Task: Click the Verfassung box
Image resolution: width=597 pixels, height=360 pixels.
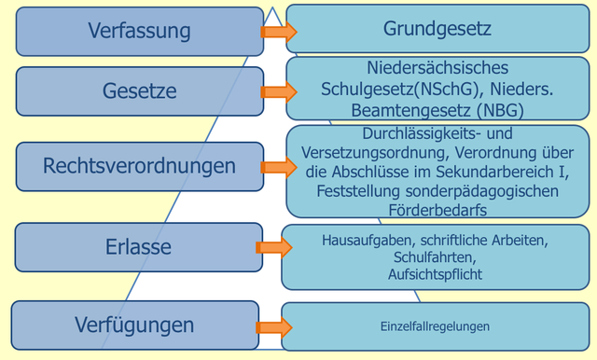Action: click(x=140, y=31)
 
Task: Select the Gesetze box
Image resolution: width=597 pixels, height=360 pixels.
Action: click(x=140, y=91)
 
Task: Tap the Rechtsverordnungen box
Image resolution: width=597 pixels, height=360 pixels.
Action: click(x=140, y=166)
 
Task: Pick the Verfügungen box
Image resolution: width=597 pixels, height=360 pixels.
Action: click(x=135, y=325)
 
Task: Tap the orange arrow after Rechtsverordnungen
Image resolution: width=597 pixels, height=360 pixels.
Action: click(x=276, y=167)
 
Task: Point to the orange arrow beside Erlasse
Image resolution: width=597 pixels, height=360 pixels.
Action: click(x=272, y=247)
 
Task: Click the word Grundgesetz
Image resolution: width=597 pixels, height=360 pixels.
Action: click(x=437, y=30)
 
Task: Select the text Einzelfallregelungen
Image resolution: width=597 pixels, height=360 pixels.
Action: click(x=435, y=326)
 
